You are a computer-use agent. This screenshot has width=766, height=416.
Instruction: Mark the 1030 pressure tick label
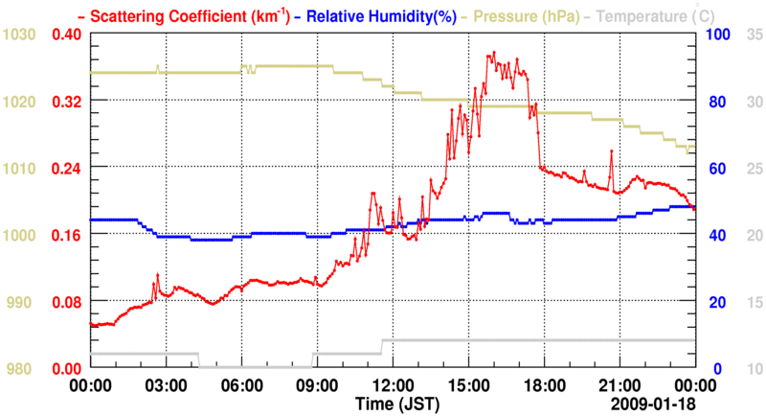click(19, 35)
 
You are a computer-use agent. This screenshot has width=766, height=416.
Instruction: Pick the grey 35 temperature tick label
click(751, 35)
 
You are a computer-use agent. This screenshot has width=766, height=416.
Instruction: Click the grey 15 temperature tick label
click(751, 302)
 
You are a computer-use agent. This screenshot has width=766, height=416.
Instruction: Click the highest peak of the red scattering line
click(494, 53)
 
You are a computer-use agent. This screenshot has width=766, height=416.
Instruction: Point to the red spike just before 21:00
click(610, 151)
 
